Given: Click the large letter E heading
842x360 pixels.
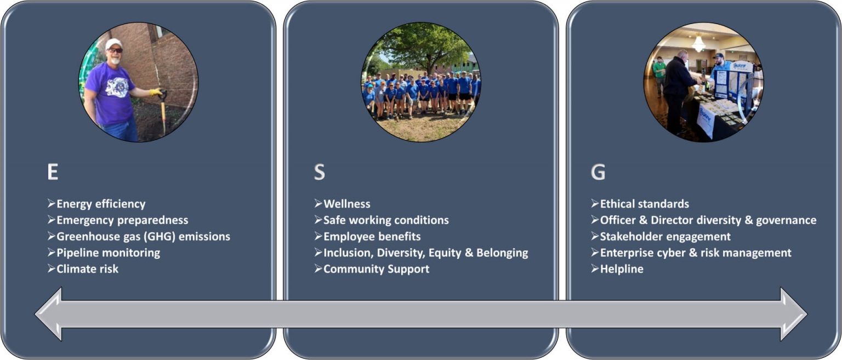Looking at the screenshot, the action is (x=53, y=172).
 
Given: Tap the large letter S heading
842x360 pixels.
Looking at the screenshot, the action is (x=319, y=172).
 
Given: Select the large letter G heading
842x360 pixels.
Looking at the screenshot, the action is (x=598, y=172).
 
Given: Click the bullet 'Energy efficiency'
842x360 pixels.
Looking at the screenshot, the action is (x=96, y=204).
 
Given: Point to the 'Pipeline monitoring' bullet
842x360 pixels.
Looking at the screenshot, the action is (x=104, y=253).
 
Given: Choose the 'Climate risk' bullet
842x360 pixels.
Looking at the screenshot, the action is (x=83, y=268).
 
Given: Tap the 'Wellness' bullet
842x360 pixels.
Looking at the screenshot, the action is (x=342, y=204).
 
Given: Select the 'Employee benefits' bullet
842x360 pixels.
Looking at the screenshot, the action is (x=367, y=236).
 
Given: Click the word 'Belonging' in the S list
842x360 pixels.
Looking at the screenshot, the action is (x=502, y=253).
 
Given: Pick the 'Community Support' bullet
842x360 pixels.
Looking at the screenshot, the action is (x=372, y=269).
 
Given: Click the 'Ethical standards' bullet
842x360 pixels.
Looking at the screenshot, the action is (x=640, y=204).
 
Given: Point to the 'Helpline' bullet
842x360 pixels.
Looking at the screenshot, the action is (x=617, y=268).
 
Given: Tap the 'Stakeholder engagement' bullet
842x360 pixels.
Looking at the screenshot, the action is (x=661, y=237).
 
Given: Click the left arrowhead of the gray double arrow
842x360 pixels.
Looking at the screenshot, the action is (x=49, y=314).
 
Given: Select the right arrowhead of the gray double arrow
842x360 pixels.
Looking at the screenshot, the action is (x=794, y=314).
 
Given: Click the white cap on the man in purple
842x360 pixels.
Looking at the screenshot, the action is (x=113, y=44).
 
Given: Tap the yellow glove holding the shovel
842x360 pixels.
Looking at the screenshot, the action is (x=156, y=92).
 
